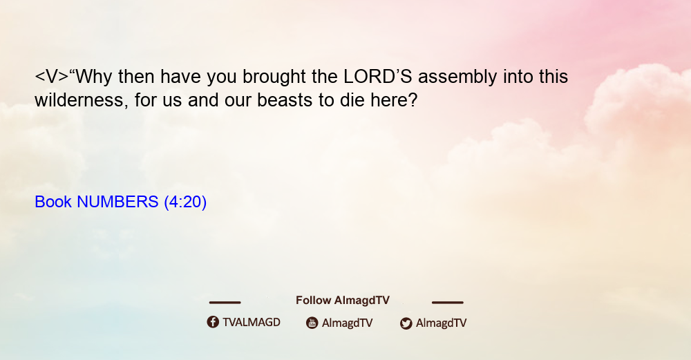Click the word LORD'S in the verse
378,77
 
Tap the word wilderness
82,100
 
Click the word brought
274,77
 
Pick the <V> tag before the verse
52,77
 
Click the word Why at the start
91,77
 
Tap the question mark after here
413,100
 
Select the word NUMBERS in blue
117,202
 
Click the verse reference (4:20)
185,202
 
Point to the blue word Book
53,202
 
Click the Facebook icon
213,322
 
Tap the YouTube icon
312,323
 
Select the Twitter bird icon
406,323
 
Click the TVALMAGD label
252,322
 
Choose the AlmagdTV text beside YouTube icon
348,323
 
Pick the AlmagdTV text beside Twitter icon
441,323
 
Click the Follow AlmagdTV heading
343,300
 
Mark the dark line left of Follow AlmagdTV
225,302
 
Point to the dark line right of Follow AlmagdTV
448,302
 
